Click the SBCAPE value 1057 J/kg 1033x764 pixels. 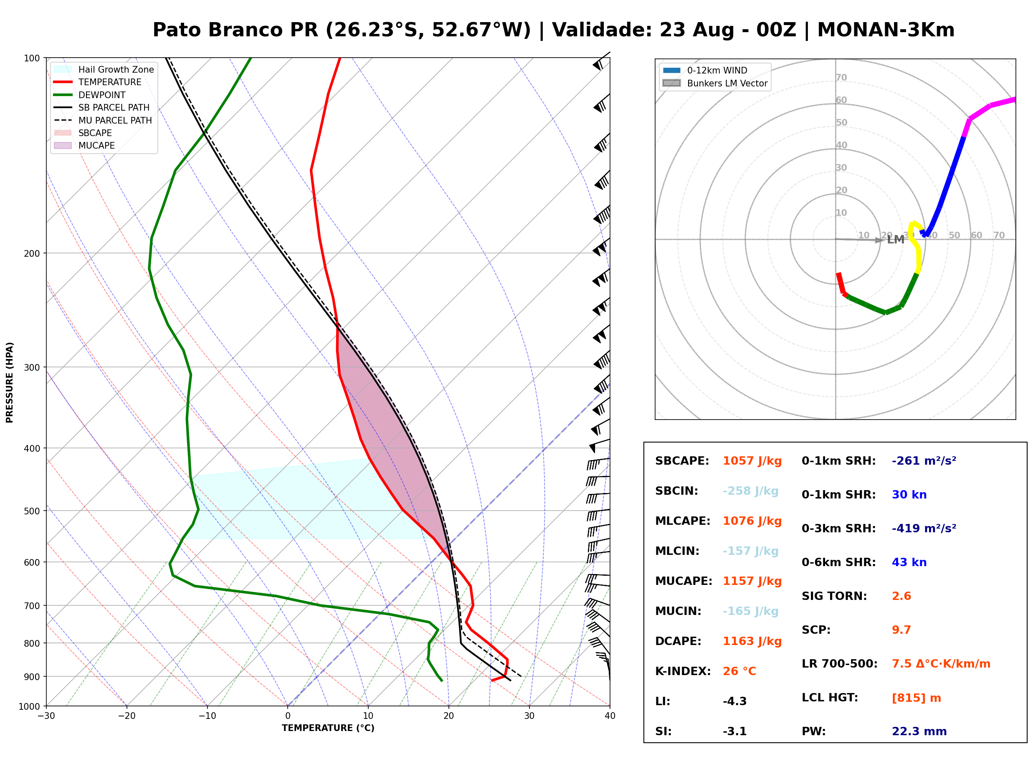tap(752, 461)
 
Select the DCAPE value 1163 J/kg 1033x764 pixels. tap(752, 641)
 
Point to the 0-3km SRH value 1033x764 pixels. tap(924, 529)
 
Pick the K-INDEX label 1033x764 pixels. tap(683, 671)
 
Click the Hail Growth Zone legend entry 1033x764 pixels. tap(104, 69)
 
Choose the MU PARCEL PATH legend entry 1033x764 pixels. tap(103, 120)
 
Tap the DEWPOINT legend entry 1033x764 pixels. tap(90, 95)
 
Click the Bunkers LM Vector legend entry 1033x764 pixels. tap(715, 83)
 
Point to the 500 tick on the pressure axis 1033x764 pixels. tap(31, 511)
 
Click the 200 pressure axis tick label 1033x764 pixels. tap(31, 253)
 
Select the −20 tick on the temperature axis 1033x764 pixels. tap(127, 716)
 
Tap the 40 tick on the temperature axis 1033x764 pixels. tap(610, 716)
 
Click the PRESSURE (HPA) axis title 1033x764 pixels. tap(10, 382)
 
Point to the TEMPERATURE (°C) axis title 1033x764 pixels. tap(328, 729)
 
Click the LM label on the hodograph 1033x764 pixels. tap(895, 240)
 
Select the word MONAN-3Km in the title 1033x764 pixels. tap(886, 30)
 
